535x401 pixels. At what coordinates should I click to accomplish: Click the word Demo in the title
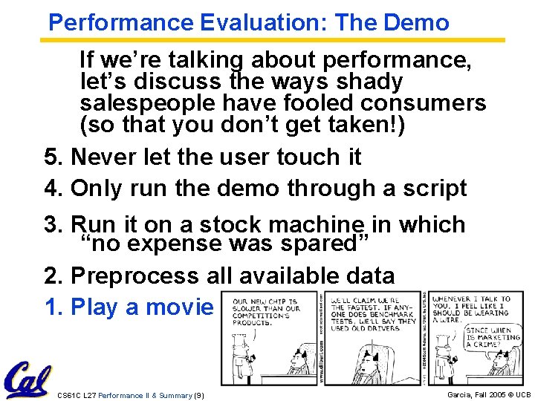[417, 22]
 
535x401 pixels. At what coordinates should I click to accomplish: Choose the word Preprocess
[134, 276]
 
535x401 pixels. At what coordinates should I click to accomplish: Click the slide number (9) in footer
[198, 394]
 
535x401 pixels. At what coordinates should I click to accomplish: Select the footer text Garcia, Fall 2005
[476, 394]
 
